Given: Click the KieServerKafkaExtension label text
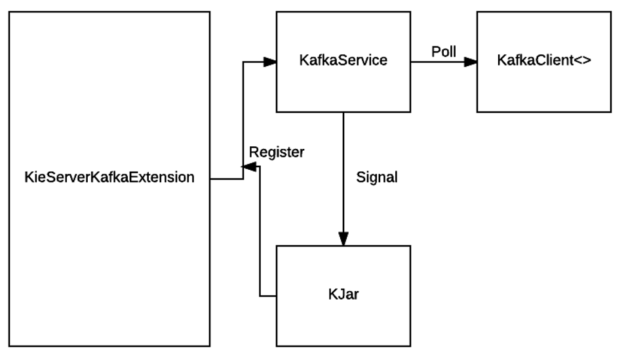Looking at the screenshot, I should coord(109,177).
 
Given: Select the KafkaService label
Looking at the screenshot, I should coord(343,60).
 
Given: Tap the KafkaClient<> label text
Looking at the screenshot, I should coord(544,60).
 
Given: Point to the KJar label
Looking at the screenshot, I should coord(343,294).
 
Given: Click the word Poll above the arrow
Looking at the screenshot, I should coord(444,51).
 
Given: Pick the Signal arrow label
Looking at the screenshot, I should coord(377,177).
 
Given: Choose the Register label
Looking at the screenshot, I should coord(277,152).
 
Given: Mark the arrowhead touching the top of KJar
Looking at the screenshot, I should coord(343,239).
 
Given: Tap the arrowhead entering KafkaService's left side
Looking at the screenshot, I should coord(269,62).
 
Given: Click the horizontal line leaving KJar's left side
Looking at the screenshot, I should coord(268,296).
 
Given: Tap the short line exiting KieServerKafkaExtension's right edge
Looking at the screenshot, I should coord(226,178).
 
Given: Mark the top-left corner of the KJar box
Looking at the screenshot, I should coord(277,246).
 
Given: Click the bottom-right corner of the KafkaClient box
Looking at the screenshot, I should coord(611,112).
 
